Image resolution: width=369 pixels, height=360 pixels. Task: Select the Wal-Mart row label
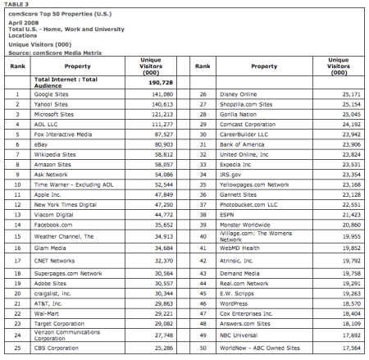[x=51, y=312]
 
